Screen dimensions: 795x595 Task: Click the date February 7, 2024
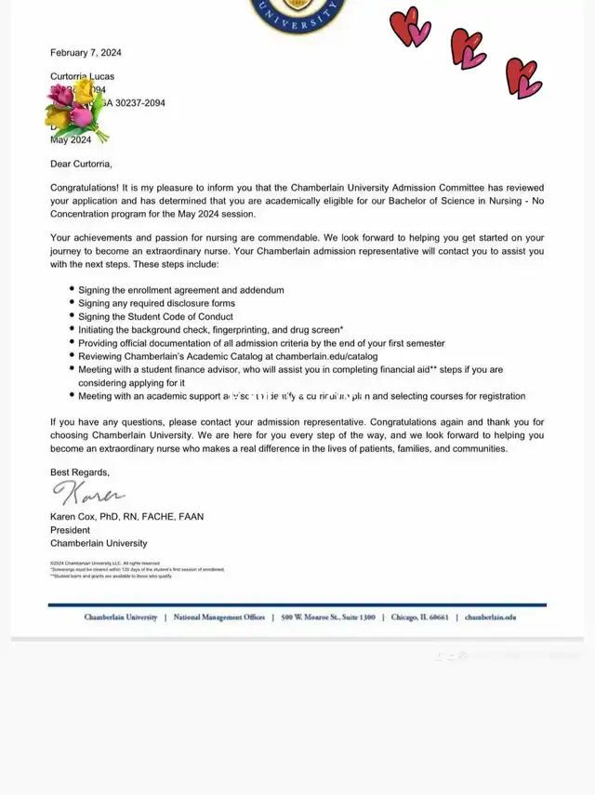(86, 53)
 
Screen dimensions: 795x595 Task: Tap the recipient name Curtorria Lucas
(83, 76)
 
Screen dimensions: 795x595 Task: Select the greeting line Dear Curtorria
(81, 165)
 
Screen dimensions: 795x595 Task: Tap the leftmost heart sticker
(409, 27)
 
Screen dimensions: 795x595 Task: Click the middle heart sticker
(467, 48)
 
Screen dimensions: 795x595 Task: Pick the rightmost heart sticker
(522, 77)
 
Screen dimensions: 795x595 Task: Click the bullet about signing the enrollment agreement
(181, 290)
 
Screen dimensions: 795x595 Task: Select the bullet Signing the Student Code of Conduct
(155, 317)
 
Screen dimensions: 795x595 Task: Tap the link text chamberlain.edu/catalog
(325, 356)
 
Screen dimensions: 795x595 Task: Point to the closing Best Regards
(79, 472)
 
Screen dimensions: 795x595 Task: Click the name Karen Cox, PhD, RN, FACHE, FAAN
(126, 516)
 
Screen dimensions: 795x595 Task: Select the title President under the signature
(72, 530)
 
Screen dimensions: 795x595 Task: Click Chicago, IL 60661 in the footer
(420, 617)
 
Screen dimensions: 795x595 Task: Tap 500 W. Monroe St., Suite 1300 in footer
(329, 617)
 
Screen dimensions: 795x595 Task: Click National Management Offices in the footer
(218, 617)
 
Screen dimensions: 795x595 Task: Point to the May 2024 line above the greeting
(71, 140)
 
